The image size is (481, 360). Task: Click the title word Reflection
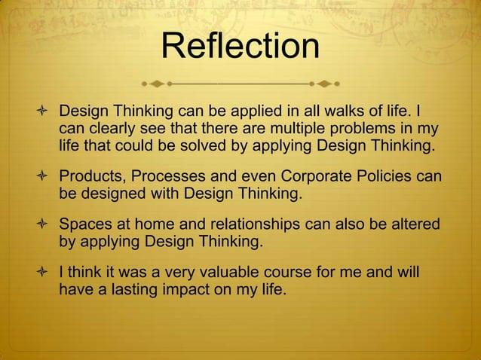240,46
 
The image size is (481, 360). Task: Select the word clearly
115,128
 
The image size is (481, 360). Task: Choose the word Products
91,178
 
